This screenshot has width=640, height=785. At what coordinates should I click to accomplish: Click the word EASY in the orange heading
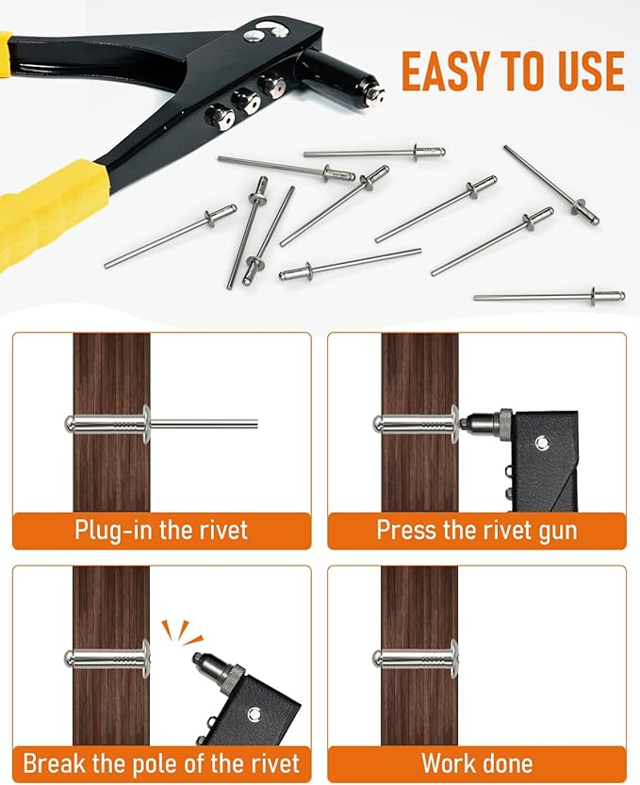click(x=446, y=71)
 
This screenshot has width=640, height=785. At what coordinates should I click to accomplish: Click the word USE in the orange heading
click(x=591, y=71)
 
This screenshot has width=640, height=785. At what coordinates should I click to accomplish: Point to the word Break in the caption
click(x=55, y=763)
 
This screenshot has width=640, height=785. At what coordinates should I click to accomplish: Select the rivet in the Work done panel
click(x=417, y=659)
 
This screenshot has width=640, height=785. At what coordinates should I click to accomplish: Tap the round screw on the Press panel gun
click(x=541, y=442)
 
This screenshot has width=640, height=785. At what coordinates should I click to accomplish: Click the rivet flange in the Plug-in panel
click(x=146, y=424)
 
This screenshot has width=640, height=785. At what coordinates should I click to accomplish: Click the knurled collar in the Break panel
click(x=235, y=673)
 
